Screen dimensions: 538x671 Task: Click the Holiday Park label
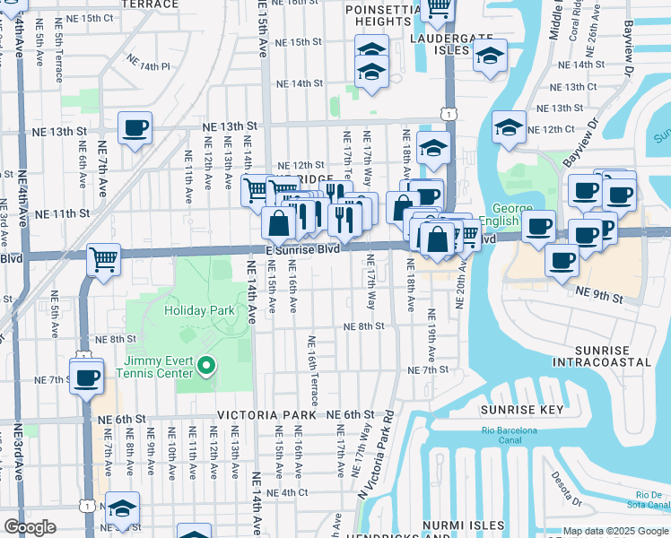click(x=199, y=310)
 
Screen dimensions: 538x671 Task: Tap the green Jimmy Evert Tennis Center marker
click(x=206, y=365)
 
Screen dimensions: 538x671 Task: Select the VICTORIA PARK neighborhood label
click(x=267, y=416)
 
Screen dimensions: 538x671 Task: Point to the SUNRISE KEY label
click(x=521, y=410)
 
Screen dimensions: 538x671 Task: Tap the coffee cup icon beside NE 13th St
click(x=135, y=127)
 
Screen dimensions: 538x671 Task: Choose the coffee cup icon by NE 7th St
click(x=87, y=376)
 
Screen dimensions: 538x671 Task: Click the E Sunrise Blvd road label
click(x=302, y=249)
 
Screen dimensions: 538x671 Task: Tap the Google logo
click(x=30, y=527)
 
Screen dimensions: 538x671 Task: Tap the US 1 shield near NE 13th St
click(x=446, y=113)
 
